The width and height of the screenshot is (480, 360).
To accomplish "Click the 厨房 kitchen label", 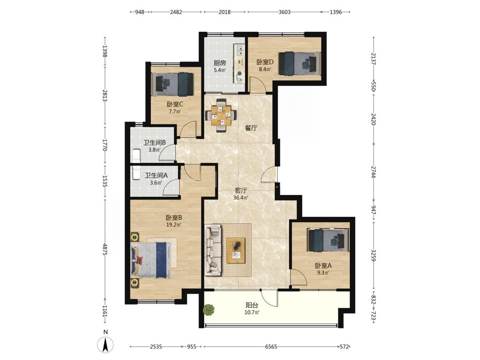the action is tap(220, 63).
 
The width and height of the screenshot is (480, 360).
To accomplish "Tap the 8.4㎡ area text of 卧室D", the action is tap(265, 69).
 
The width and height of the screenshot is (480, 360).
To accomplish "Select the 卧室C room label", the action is tap(175, 105).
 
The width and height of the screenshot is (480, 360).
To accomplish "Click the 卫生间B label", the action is tap(154, 142).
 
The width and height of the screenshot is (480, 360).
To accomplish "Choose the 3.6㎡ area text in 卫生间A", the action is tap(156, 183).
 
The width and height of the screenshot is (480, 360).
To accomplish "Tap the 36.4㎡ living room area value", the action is tap(241, 197).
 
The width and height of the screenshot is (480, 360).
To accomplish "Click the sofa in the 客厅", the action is tap(213, 249).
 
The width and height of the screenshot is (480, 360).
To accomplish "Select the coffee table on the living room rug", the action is tap(236, 250).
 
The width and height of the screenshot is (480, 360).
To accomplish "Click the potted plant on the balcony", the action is tap(209, 309).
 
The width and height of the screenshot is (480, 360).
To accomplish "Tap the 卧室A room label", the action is tap(323, 266).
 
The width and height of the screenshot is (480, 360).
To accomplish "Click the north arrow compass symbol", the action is tap(106, 344).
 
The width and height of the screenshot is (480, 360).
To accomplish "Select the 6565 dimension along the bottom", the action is tap(271, 347).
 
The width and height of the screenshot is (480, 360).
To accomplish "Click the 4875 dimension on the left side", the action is tap(105, 250).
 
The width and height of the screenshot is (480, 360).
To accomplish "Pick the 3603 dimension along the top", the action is tap(285, 12).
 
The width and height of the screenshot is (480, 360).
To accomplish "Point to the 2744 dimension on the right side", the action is tap(373, 172).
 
